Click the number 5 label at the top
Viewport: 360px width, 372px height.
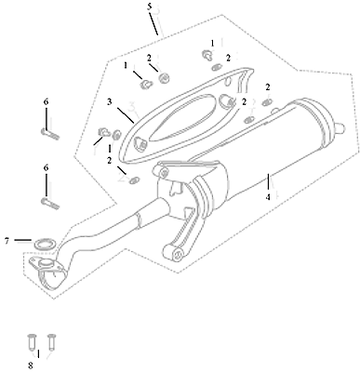tap(150, 7)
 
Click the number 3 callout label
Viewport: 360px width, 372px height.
tap(110, 102)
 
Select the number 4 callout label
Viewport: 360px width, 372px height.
tap(268, 196)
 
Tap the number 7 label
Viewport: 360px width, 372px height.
tap(7, 241)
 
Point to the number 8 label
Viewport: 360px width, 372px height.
tap(31, 365)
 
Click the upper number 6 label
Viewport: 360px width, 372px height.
tap(46, 102)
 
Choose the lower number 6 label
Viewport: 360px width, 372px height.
tap(46, 168)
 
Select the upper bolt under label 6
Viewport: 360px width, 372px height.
tap(49, 134)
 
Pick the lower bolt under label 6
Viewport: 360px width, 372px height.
tap(49, 204)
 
